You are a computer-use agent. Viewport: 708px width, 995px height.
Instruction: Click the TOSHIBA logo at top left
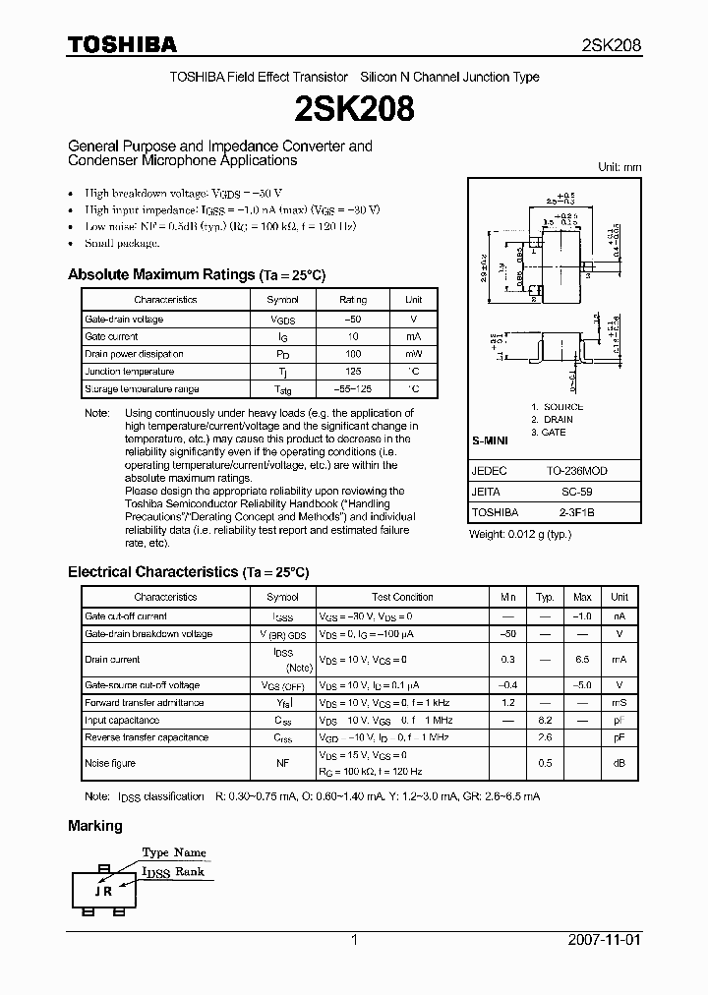(122, 44)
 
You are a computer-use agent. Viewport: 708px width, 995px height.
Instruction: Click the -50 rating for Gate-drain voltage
(353, 320)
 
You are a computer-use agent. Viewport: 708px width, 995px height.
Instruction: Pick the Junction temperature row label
(129, 372)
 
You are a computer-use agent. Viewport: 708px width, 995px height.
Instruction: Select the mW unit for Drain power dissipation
(413, 354)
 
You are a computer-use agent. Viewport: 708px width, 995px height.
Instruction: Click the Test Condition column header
(402, 597)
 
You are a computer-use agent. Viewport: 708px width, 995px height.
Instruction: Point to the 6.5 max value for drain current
(582, 660)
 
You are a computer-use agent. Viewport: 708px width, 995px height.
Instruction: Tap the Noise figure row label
(110, 763)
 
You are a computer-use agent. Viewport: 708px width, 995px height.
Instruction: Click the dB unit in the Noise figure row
(619, 763)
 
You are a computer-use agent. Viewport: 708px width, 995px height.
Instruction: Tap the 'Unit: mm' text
(619, 167)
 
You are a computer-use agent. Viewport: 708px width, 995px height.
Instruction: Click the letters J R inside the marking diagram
(102, 892)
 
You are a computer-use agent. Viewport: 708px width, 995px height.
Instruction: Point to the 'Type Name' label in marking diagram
(174, 852)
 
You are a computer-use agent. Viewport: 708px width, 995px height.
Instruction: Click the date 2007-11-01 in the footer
(604, 940)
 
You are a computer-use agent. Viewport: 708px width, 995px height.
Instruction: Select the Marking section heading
(95, 826)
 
